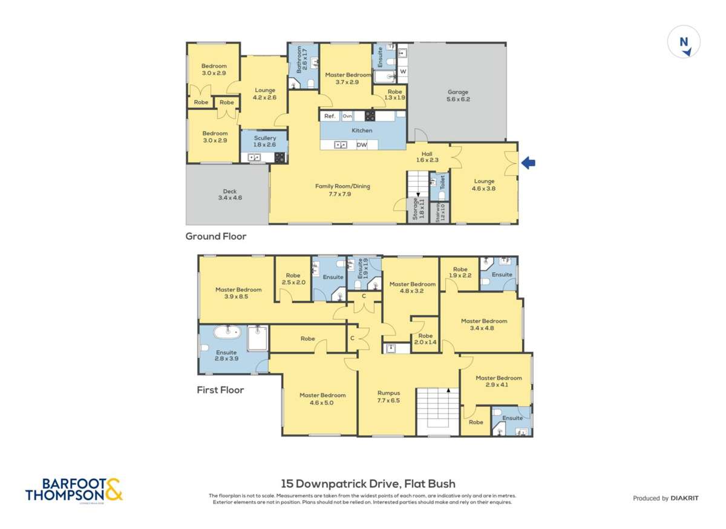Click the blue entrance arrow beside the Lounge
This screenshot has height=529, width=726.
pyautogui.click(x=528, y=162)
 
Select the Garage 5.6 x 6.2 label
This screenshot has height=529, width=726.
pyautogui.click(x=457, y=96)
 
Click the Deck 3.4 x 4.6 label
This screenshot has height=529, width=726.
pyautogui.click(x=230, y=194)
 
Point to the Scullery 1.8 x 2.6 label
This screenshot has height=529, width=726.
pyautogui.click(x=265, y=141)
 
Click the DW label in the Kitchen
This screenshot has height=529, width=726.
pyautogui.click(x=362, y=145)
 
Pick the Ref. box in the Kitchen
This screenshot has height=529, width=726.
pyautogui.click(x=330, y=116)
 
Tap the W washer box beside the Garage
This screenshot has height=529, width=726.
pyautogui.click(x=403, y=71)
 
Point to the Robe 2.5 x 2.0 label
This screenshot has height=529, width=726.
pyautogui.click(x=293, y=279)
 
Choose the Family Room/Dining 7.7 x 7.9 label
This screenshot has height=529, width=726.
pyautogui.click(x=342, y=190)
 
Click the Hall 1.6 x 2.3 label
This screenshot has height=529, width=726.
pyautogui.click(x=427, y=157)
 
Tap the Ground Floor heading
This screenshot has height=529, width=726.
pyautogui.click(x=216, y=236)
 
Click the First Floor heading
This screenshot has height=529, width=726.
pyautogui.click(x=220, y=390)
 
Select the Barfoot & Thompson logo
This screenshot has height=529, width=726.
pyautogui.click(x=74, y=489)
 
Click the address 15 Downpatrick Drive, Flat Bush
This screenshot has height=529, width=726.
pyautogui.click(x=368, y=484)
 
